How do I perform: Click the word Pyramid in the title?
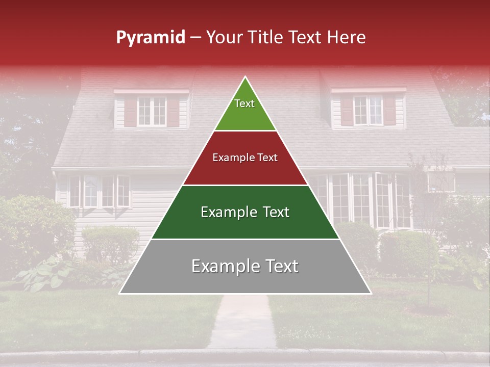coord(150,38)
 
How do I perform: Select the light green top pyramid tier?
coord(245,110)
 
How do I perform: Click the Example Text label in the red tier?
coord(245,158)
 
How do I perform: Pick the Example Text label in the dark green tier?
coord(245,212)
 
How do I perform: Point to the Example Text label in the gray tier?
coord(245,266)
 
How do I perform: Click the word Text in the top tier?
coord(244,103)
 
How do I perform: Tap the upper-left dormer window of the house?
coord(152,111)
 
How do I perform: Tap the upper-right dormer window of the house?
coord(368,110)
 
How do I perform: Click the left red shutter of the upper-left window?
coord(131,112)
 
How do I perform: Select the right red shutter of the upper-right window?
coord(389,110)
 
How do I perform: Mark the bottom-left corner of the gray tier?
coord(119,293)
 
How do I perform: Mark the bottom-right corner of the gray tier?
coord(371,293)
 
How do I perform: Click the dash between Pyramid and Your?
coord(195,38)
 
